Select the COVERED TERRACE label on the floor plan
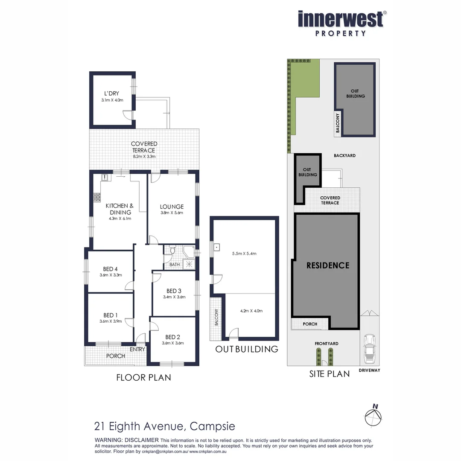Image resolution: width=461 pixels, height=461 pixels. (144, 147)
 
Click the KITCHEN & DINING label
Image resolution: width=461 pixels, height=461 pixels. (120, 209)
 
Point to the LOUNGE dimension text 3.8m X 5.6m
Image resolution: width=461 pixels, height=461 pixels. (172, 213)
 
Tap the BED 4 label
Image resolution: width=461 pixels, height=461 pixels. (110, 269)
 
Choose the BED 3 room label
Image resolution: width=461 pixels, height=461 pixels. (174, 290)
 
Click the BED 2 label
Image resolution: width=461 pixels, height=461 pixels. (173, 336)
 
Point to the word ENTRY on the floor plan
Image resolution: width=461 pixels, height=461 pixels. (138, 349)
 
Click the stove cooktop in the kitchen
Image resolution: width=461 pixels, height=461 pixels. (97, 197)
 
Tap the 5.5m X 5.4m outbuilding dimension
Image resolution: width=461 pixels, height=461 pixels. (244, 254)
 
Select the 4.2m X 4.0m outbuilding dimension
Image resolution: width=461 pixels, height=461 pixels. (251, 311)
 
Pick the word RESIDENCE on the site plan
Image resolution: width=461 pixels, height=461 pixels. (328, 265)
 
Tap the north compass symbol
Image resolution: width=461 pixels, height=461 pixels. (374, 415)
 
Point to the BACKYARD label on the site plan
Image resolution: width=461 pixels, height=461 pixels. (344, 156)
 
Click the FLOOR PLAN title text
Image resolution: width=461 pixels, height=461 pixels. (144, 377)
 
